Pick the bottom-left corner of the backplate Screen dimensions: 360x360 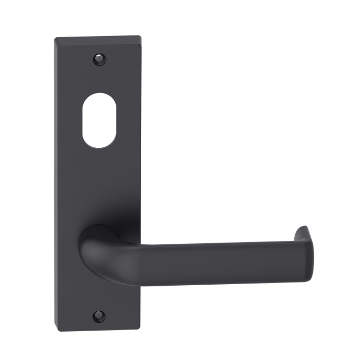(x=58, y=324)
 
